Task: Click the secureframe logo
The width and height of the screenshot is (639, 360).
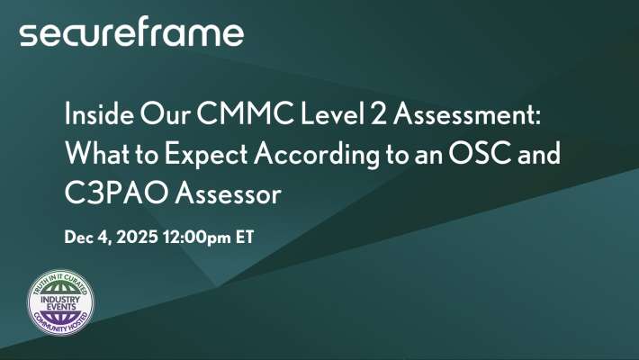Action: point(131,34)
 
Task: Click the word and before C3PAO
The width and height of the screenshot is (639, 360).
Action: point(537,154)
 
